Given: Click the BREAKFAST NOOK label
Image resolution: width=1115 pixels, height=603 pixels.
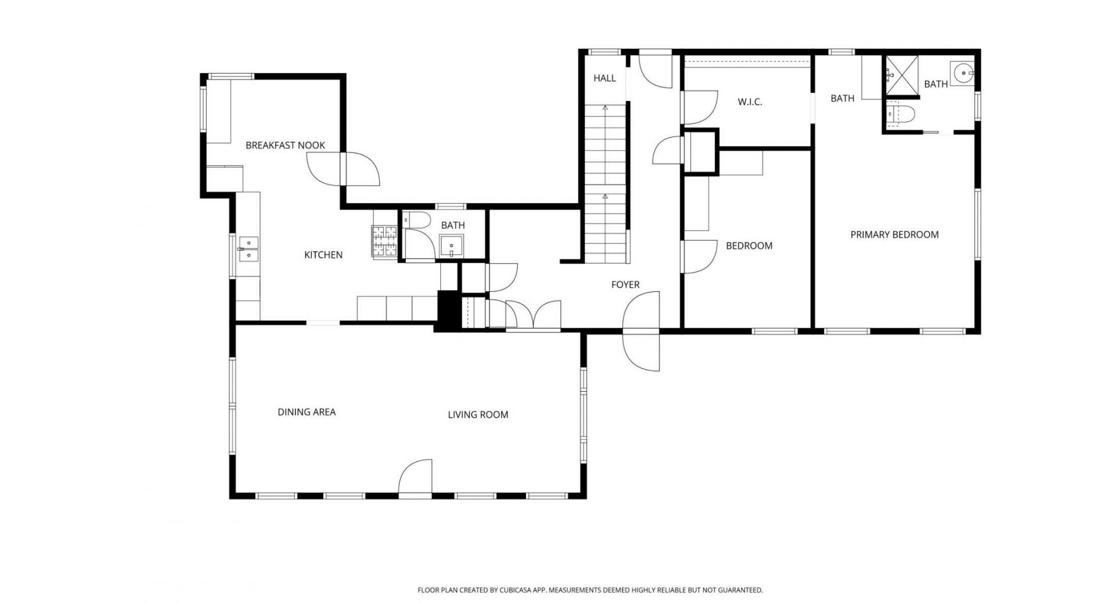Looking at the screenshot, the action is pyautogui.click(x=285, y=145).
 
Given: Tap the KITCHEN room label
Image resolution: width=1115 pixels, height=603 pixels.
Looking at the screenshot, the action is pyautogui.click(x=323, y=255).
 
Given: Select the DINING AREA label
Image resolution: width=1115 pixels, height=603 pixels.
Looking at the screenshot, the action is pyautogui.click(x=307, y=412).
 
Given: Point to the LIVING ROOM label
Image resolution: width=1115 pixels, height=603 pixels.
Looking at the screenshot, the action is pyautogui.click(x=478, y=414).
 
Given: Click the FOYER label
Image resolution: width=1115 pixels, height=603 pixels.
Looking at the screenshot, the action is pyautogui.click(x=625, y=284).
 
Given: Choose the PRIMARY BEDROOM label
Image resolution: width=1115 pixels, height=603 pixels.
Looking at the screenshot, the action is pyautogui.click(x=894, y=234).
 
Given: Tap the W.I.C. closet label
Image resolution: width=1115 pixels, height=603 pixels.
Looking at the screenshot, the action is pyautogui.click(x=750, y=102).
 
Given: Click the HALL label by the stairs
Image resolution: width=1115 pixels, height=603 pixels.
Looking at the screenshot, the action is pyautogui.click(x=605, y=78).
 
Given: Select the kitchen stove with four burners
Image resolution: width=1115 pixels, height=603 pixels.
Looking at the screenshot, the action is pyautogui.click(x=384, y=241).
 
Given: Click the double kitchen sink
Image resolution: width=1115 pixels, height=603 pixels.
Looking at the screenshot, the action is pyautogui.click(x=248, y=248).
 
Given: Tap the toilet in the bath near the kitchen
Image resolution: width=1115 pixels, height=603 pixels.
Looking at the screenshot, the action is pyautogui.click(x=416, y=220).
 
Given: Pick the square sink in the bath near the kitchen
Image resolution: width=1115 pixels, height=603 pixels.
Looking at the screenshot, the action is pyautogui.click(x=451, y=246).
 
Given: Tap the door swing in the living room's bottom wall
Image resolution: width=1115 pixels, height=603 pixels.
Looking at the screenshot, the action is pyautogui.click(x=416, y=478).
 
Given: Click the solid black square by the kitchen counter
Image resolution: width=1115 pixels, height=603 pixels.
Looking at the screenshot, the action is pyautogui.click(x=448, y=311).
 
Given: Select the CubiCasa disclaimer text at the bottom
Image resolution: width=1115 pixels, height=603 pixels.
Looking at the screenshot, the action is pyautogui.click(x=590, y=590).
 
